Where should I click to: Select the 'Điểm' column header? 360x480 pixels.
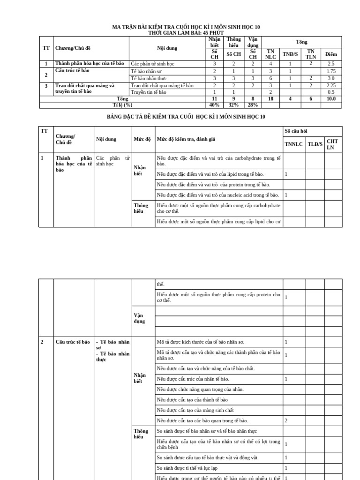tap(331, 54)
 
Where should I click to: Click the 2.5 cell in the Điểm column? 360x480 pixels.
tap(331, 63)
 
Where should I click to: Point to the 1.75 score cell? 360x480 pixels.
tap(331, 71)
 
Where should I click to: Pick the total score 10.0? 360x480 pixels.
tap(331, 99)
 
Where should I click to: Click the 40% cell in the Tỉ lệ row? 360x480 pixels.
tap(214, 105)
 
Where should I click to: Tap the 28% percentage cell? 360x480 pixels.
tap(253, 105)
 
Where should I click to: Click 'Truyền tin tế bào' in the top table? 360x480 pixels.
tap(149, 92)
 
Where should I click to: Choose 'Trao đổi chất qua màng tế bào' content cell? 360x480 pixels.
tap(162, 85)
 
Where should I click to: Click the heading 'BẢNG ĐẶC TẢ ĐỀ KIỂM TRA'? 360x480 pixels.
tap(186, 117)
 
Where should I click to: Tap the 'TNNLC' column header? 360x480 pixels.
tap(294, 144)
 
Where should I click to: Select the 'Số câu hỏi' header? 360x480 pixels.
tap(296, 131)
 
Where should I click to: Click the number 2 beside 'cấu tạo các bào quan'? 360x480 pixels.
tap(286, 420)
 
